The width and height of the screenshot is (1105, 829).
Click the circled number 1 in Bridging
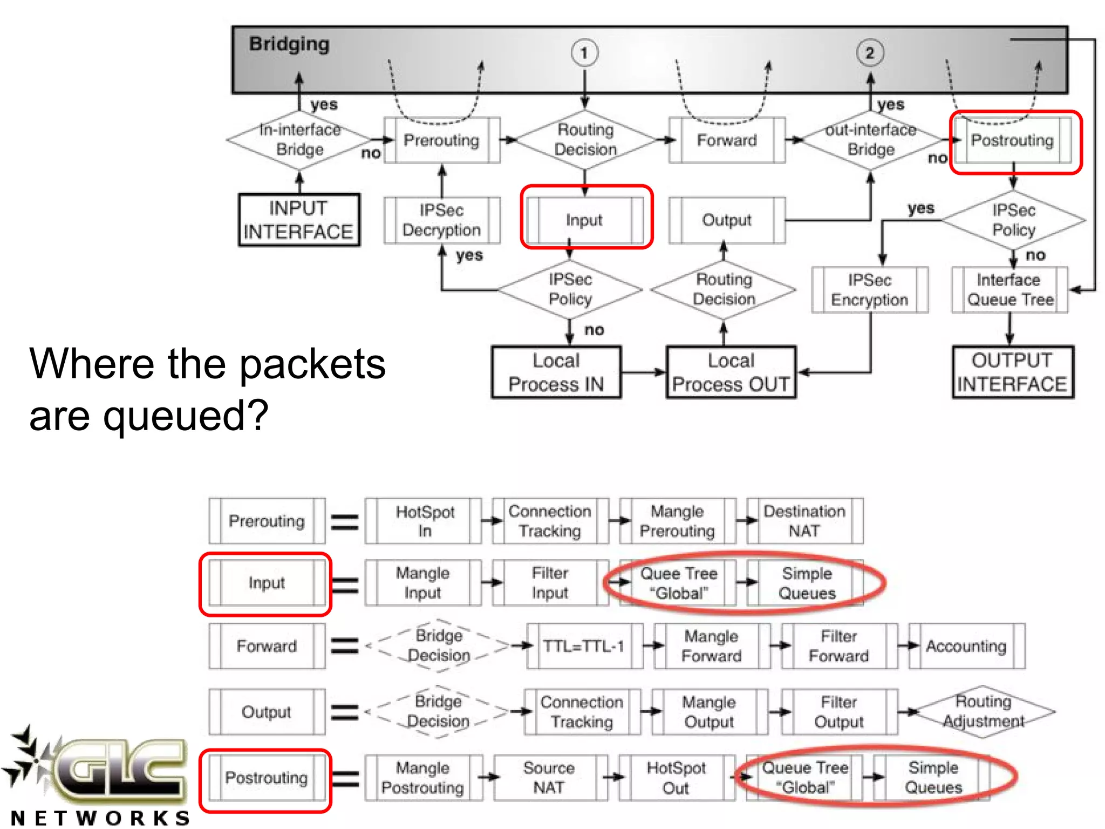[584, 53]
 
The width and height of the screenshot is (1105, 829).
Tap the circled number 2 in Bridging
[870, 53]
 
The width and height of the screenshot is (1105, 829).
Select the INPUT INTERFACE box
[299, 220]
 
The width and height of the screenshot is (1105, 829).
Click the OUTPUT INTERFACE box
[1012, 372]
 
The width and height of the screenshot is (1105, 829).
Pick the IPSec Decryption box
[442, 220]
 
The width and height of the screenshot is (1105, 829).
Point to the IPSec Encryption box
[869, 290]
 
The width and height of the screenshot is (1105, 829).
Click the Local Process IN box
[556, 372]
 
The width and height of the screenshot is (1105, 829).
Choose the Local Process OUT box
[731, 372]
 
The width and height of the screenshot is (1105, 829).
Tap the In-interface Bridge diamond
[299, 140]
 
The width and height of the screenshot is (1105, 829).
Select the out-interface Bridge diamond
[870, 140]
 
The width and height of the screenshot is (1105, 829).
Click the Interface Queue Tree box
[1009, 290]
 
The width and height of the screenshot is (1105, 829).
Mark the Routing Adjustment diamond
[983, 711]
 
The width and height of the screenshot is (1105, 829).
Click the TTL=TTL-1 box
[584, 646]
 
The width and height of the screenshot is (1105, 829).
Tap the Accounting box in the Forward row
[966, 646]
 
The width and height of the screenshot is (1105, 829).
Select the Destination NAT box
[804, 521]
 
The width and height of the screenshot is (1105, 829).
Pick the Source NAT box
[549, 778]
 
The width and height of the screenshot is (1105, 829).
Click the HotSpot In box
[425, 521]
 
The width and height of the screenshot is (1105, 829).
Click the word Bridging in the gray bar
[289, 44]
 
